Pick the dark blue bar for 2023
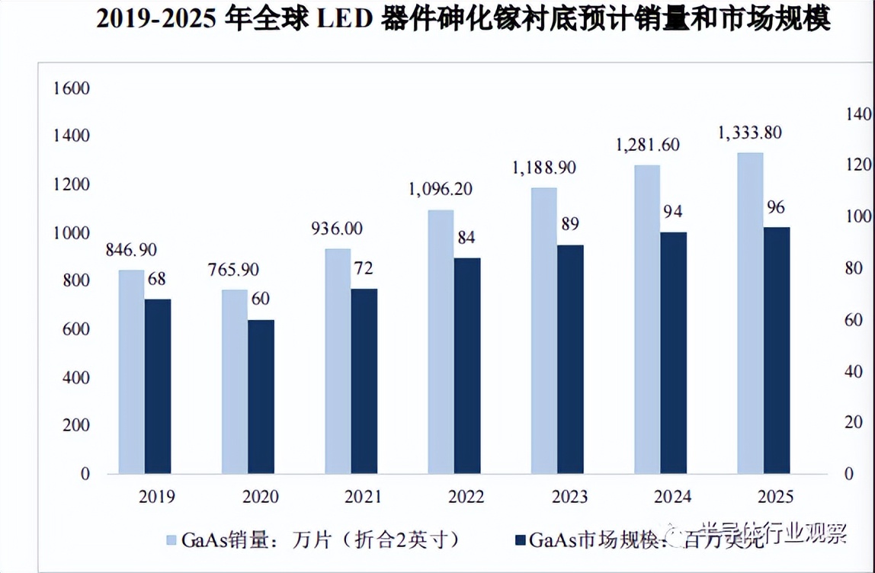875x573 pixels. click(x=570, y=359)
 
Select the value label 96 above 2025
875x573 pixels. click(x=777, y=207)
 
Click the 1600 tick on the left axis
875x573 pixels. click(x=72, y=88)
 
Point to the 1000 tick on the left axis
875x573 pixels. click(x=72, y=233)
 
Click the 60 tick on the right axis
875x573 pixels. click(x=854, y=320)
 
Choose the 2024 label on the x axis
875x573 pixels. click(x=672, y=498)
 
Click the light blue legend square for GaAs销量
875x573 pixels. click(x=173, y=540)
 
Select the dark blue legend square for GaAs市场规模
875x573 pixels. click(x=520, y=540)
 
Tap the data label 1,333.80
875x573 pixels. click(x=750, y=133)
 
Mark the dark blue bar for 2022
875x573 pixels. click(x=467, y=366)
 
